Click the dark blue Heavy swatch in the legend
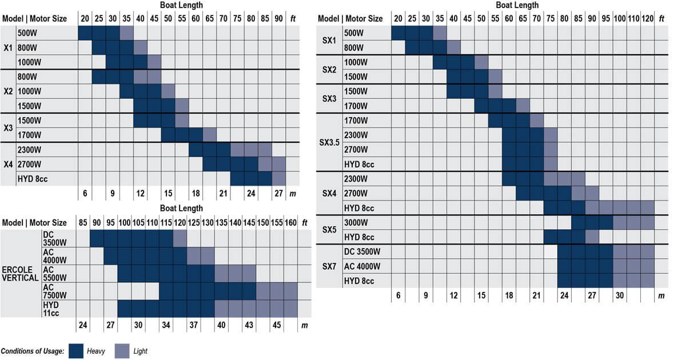77,350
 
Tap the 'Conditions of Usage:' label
32,351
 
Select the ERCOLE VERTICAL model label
20,273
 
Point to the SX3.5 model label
329,142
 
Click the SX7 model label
329,266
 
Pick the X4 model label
8,165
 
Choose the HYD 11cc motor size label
50,309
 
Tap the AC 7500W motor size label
50,291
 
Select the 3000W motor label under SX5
356,222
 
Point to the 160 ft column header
290,222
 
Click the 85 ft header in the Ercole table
83,222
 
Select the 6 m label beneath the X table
85,193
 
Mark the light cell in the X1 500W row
126,33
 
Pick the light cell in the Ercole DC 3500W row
180,238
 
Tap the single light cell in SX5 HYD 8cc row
592,237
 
